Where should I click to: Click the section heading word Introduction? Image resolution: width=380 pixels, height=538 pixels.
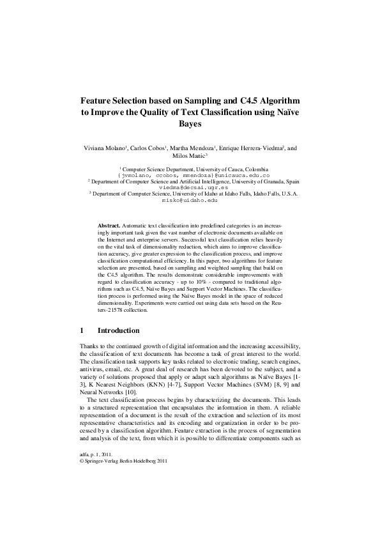(x=118, y=331)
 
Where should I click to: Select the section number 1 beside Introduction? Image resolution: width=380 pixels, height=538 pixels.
(x=82, y=331)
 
